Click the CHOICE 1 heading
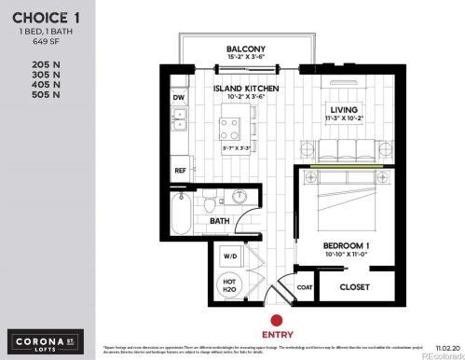tap(40, 17)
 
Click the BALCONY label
tap(245, 49)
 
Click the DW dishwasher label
tap(178, 97)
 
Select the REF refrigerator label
tap(180, 171)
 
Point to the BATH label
tap(219, 221)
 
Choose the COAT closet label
tap(303, 286)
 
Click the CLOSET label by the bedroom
tap(356, 286)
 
